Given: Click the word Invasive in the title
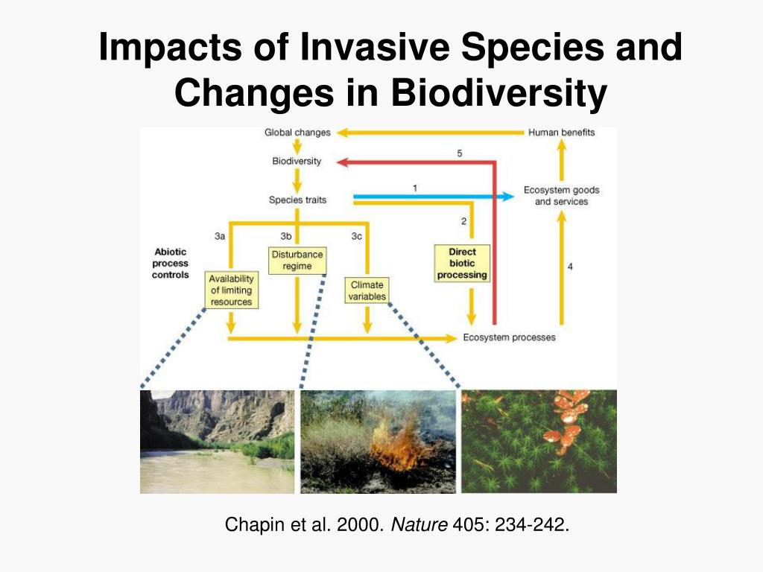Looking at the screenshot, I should point(376,47).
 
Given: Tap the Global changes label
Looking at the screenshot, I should point(297,133).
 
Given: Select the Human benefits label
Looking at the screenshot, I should point(561,133).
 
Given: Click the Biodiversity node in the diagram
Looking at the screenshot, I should point(297,161).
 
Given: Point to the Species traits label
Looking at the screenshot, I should point(297,200).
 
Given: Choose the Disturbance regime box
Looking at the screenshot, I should point(297,260).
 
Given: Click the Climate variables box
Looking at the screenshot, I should point(367,290).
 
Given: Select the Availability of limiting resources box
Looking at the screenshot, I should point(231,290).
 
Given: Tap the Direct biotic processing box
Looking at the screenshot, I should point(462,264).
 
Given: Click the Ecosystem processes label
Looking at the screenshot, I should point(509,337).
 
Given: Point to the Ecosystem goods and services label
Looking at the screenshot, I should point(561,196).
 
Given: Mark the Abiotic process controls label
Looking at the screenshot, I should point(171,264).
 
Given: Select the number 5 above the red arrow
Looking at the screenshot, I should point(460,153).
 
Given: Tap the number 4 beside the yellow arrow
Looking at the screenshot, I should point(570,267).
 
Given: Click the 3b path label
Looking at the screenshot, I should point(285,236).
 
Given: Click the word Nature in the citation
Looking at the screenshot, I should point(419,526).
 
